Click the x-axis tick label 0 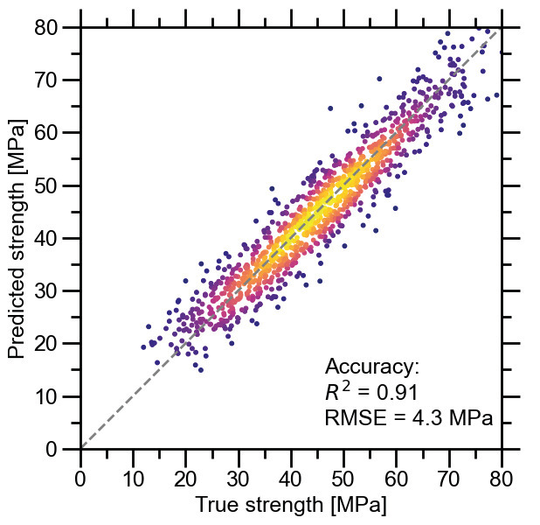(80, 478)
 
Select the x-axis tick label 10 (133, 478)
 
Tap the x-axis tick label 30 (239, 478)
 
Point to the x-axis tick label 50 (343, 478)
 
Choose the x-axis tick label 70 (449, 478)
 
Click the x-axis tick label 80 (502, 478)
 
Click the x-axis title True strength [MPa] (290, 506)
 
